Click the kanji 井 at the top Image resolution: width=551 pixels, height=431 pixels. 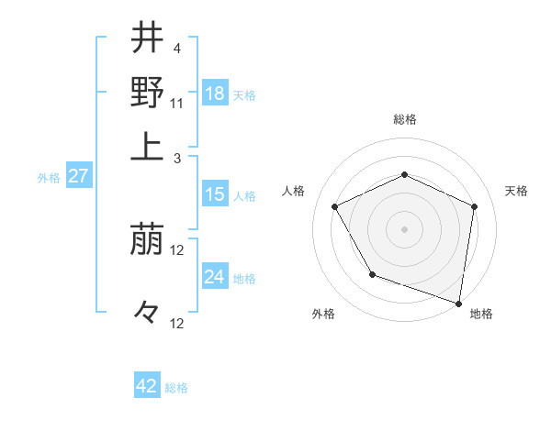(148, 39)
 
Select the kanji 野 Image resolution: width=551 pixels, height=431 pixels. (148, 92)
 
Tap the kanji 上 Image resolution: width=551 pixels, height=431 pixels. (148, 146)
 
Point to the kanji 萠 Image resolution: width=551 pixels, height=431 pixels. (148, 241)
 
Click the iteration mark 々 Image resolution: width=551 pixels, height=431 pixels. (147, 313)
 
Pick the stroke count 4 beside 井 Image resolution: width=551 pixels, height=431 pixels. (176, 48)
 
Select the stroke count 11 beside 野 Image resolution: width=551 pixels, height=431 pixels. (178, 102)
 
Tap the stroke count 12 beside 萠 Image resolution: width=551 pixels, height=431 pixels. (178, 250)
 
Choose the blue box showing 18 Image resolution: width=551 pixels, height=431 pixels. (215, 94)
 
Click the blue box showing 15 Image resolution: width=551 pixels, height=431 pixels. (215, 194)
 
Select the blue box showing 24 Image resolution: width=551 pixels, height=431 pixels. (215, 277)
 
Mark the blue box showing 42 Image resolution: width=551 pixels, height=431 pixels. (147, 386)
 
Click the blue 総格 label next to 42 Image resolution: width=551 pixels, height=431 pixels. (176, 388)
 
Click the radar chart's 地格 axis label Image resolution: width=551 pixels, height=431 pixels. (481, 314)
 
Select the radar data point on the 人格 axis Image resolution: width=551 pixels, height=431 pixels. (335, 206)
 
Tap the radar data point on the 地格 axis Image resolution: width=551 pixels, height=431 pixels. (458, 302)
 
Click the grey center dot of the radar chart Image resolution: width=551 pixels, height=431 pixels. (404, 228)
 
